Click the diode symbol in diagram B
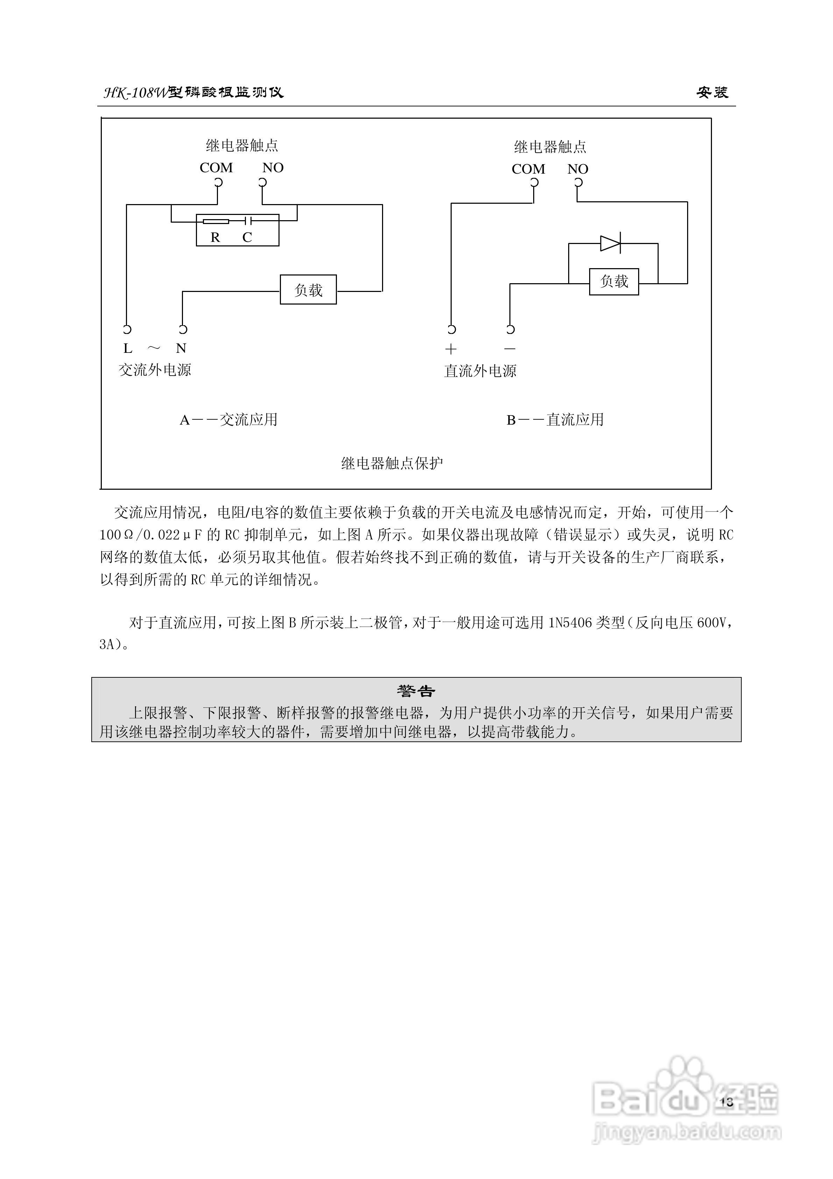(610, 243)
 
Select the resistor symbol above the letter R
(216, 221)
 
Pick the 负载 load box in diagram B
(614, 281)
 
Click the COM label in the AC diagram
(216, 168)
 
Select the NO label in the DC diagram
(577, 169)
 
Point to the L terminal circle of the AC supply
(127, 329)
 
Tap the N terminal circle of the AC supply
(183, 329)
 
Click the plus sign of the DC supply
(451, 349)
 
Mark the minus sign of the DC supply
(510, 349)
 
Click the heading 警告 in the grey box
(416, 691)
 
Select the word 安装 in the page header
(712, 92)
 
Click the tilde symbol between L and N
(154, 348)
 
